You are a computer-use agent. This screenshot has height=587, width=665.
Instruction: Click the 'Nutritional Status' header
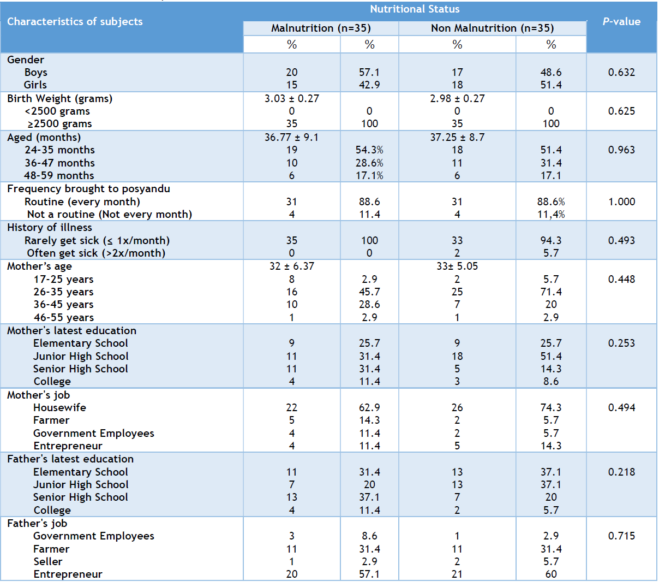tap(415, 9)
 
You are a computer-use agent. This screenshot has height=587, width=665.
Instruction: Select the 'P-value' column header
tap(621, 22)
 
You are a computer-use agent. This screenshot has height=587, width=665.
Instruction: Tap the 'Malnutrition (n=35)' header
tap(321, 28)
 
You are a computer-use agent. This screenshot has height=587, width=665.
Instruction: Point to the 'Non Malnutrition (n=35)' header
tap(493, 28)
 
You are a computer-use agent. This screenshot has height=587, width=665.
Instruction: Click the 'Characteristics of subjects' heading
tap(75, 22)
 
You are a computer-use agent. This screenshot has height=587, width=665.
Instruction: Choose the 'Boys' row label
tap(36, 73)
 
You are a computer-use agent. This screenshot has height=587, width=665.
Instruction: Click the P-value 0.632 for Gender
tap(621, 72)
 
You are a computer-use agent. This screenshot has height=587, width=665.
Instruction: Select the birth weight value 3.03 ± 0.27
tap(291, 98)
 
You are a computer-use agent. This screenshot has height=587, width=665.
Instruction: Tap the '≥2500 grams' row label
tap(59, 124)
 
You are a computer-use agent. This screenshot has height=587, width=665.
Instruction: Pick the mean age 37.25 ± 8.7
tap(457, 137)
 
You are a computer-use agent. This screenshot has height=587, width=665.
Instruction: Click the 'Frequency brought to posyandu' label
tap(88, 189)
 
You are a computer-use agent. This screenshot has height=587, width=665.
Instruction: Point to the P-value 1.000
tap(621, 201)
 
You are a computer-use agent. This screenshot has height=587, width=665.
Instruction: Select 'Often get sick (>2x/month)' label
tap(96, 253)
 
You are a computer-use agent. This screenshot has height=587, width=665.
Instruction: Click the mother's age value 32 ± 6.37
tap(291, 266)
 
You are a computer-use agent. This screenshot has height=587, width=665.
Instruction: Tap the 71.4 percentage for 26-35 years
tap(551, 292)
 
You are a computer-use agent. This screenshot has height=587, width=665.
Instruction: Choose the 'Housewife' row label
tap(59, 408)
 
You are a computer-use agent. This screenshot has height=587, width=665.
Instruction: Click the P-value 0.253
tap(621, 343)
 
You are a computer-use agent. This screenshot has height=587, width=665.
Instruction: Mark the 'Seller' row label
tap(47, 561)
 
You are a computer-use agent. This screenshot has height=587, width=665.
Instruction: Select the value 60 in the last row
tap(551, 574)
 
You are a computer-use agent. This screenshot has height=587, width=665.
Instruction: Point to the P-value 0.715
tap(621, 536)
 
